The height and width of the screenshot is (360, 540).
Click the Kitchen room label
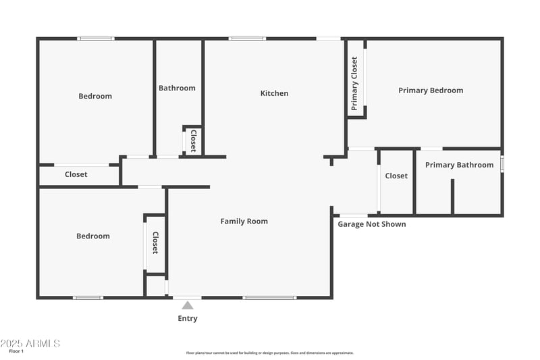pyautogui.click(x=274, y=93)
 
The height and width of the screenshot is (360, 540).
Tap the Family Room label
pyautogui.click(x=244, y=222)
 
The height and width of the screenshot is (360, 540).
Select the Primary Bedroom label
pyautogui.click(x=431, y=91)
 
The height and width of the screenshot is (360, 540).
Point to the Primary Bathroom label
pyautogui.click(x=459, y=165)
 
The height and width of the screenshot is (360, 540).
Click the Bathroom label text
pyautogui.click(x=177, y=88)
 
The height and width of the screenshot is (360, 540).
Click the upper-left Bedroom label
pyautogui.click(x=95, y=96)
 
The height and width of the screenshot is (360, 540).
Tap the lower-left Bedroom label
pyautogui.click(x=92, y=236)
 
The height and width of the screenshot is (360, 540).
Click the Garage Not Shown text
pyautogui.click(x=372, y=224)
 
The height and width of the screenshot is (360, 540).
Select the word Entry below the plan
pyautogui.click(x=188, y=318)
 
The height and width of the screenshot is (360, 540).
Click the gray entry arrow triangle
pyautogui.click(x=188, y=305)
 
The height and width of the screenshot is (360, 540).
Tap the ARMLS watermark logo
pyautogui.click(x=30, y=343)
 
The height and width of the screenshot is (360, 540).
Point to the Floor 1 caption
pyautogui.click(x=16, y=351)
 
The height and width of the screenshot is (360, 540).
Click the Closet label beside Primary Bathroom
pyautogui.click(x=396, y=176)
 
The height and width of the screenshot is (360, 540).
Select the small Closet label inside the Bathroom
pyautogui.click(x=193, y=140)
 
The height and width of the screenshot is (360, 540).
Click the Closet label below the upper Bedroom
pyautogui.click(x=76, y=174)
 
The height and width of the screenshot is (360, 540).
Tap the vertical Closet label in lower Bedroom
pyautogui.click(x=155, y=243)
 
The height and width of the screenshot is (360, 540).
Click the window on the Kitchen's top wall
pyautogui.click(x=247, y=38)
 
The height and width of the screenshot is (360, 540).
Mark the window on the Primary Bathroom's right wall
pyautogui.click(x=502, y=164)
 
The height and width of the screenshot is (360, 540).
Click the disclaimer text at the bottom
pyautogui.click(x=270, y=353)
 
